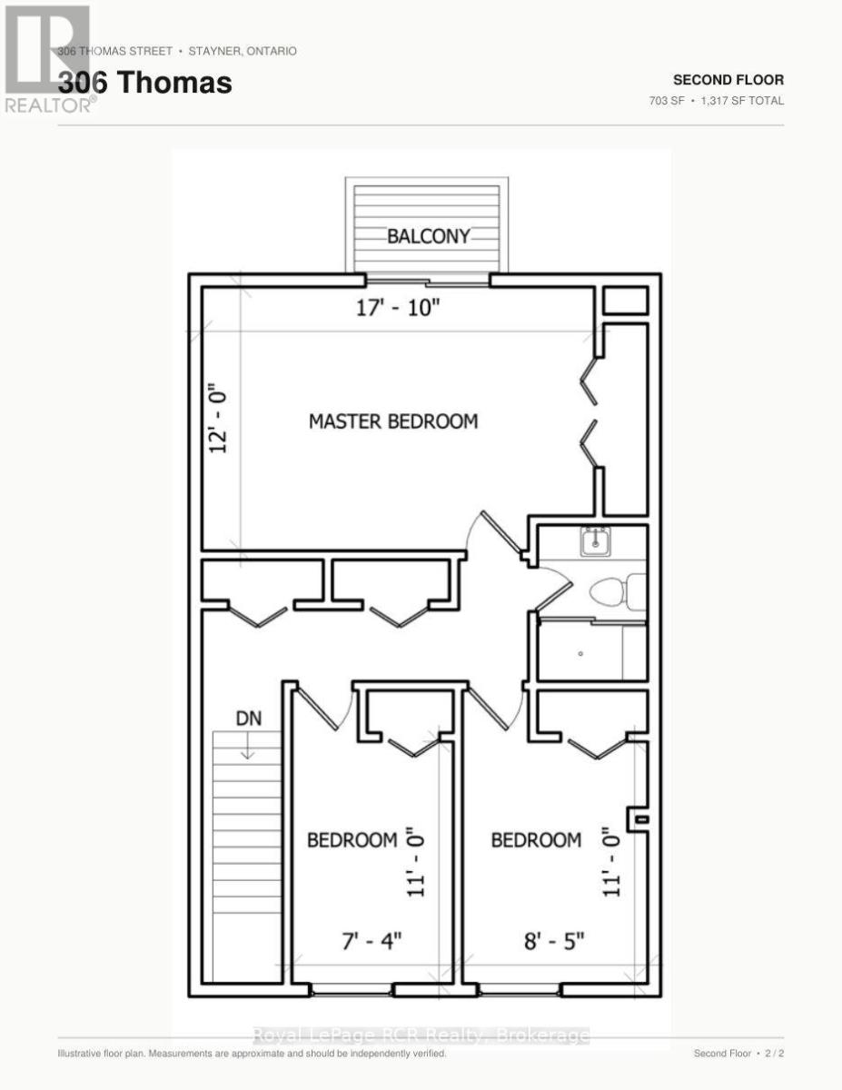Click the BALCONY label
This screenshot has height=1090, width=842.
[x=429, y=236]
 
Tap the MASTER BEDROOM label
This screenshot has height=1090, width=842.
[x=393, y=421]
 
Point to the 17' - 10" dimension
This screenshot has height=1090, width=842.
[x=398, y=308]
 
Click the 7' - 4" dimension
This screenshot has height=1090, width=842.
[x=372, y=941]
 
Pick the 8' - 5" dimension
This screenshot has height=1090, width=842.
[x=554, y=941]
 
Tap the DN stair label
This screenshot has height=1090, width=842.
[x=249, y=718]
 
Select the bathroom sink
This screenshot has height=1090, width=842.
[x=595, y=541]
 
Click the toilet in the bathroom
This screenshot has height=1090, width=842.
[x=618, y=592]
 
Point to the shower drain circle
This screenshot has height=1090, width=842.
[x=580, y=654]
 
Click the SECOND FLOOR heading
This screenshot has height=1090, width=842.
[x=728, y=80]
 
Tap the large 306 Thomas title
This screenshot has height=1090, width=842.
[x=145, y=83]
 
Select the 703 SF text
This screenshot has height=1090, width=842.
[x=667, y=101]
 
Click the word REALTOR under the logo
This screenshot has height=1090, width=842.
[x=47, y=105]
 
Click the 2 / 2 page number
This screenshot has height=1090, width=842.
[x=774, y=1054]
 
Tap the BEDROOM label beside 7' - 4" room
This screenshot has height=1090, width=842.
[x=352, y=840]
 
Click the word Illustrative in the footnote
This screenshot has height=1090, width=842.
[x=78, y=1054]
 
